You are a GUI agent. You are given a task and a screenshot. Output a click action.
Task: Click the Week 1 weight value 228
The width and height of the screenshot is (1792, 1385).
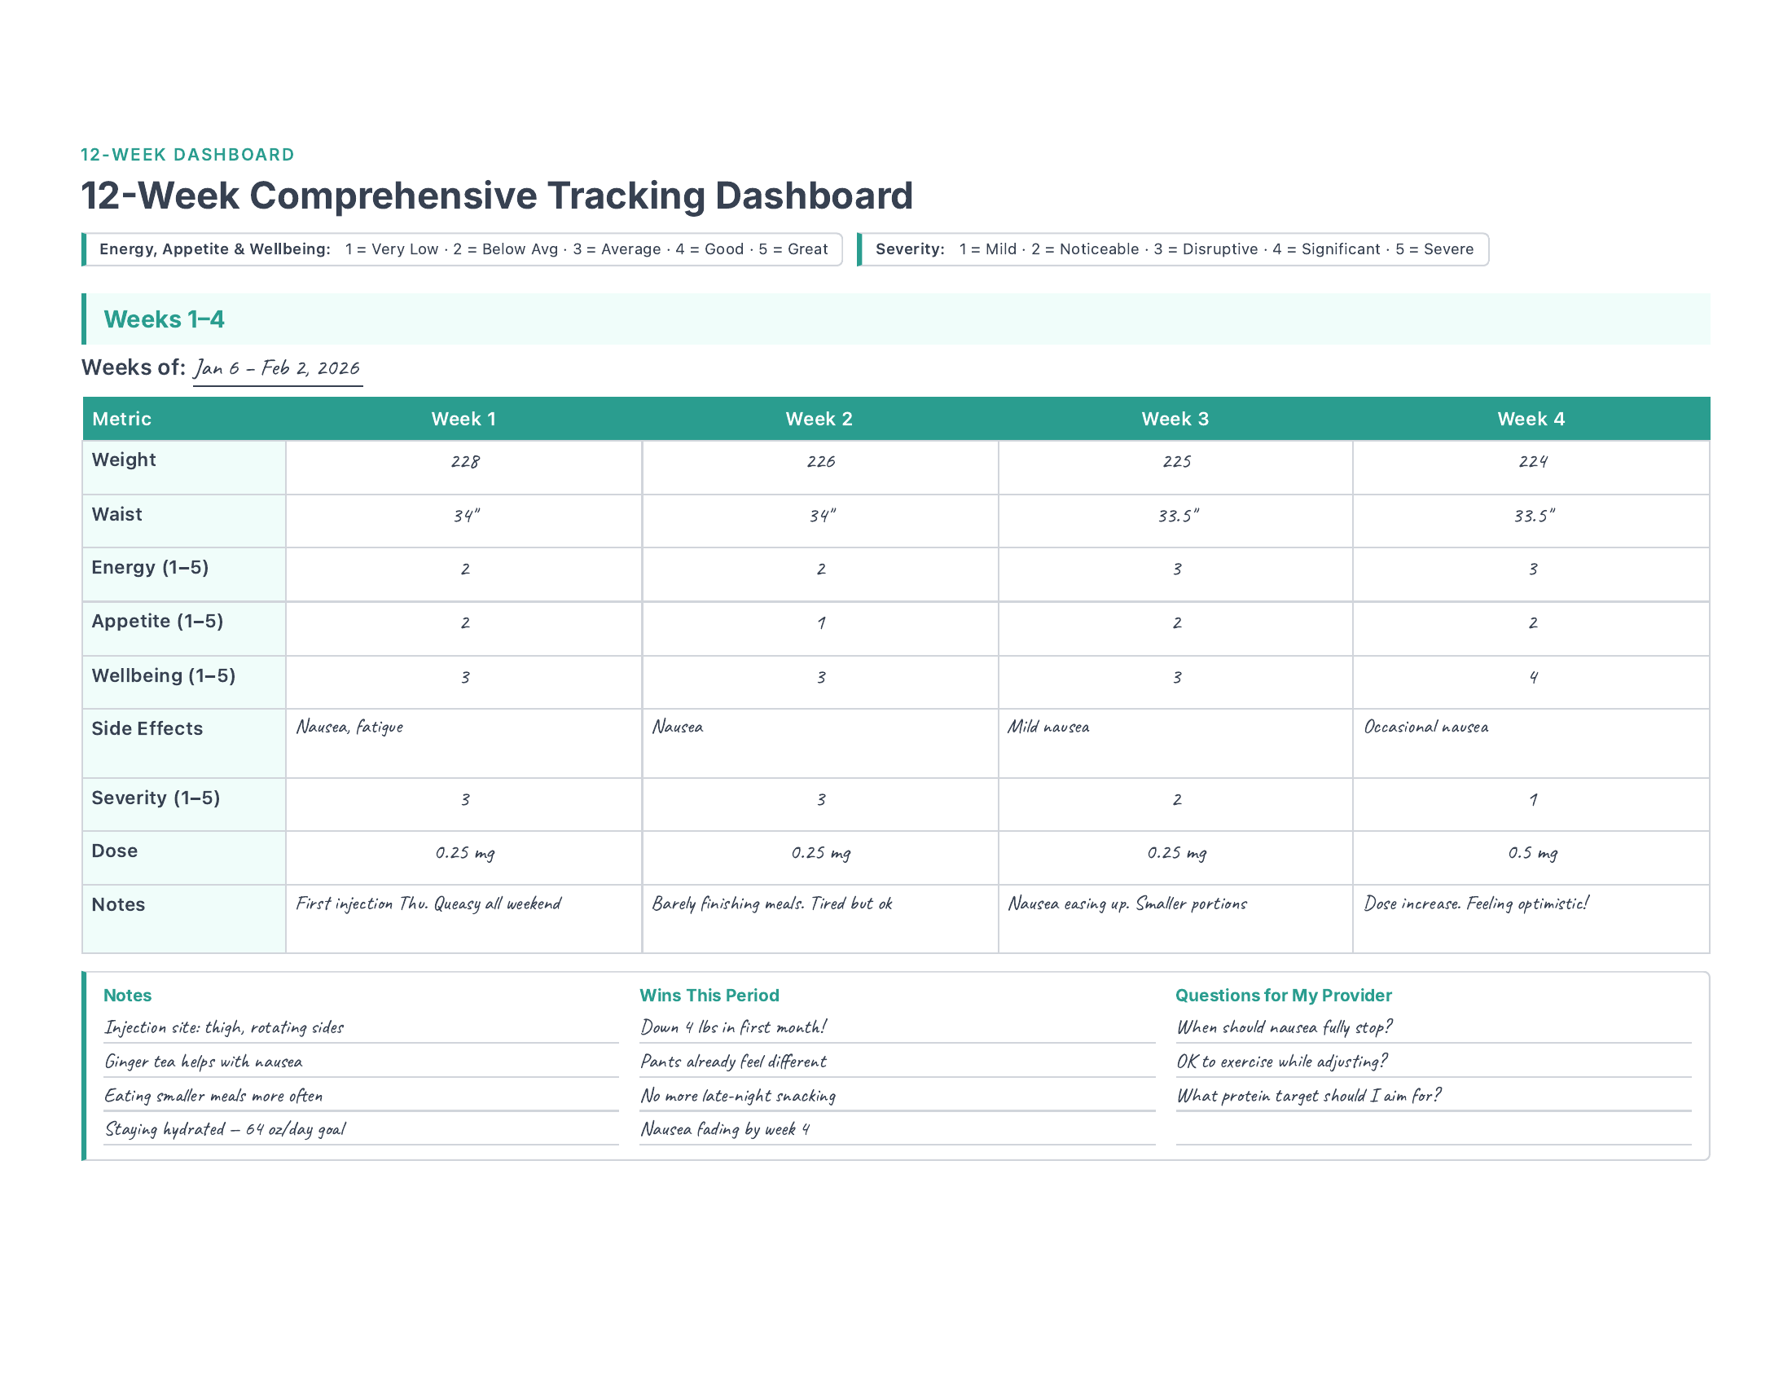(465, 462)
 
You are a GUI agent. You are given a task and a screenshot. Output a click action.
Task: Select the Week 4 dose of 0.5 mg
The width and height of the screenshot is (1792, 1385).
(1532, 853)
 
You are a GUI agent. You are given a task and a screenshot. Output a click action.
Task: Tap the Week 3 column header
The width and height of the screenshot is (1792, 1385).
(1175, 420)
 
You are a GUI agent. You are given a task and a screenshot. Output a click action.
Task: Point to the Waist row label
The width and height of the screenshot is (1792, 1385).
(116, 514)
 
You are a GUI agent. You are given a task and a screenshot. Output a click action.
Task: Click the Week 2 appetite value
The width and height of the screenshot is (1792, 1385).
(820, 622)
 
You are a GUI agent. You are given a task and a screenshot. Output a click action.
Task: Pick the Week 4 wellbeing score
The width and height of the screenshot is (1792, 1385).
(1533, 678)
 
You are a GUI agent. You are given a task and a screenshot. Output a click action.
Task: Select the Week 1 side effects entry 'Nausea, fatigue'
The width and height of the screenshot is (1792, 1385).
(349, 727)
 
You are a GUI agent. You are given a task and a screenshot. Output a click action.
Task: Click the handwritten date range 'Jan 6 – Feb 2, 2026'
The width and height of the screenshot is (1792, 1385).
(277, 368)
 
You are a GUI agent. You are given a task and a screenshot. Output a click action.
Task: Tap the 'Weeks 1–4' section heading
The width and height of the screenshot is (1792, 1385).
(164, 319)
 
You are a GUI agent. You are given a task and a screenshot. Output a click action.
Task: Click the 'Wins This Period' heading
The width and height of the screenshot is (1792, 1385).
(709, 996)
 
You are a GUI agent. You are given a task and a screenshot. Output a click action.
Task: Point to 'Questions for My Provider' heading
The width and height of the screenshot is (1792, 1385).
(1283, 996)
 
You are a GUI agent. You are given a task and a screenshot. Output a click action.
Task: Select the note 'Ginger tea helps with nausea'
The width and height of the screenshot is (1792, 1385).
(204, 1062)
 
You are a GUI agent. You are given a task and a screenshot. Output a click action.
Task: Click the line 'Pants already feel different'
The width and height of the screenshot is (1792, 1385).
(734, 1062)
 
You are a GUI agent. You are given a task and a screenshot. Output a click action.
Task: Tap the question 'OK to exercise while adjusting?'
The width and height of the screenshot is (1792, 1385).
(1281, 1062)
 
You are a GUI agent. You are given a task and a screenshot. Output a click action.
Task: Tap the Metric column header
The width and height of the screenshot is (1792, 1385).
(121, 420)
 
